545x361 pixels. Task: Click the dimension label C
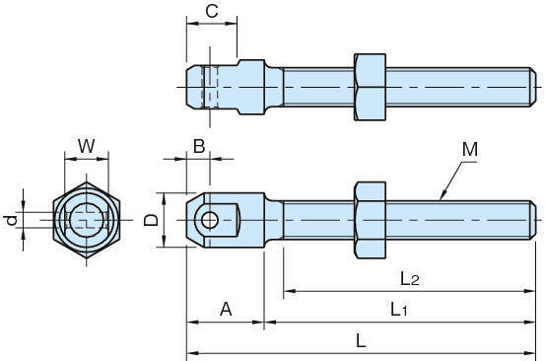[x=212, y=11]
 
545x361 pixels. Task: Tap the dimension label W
[x=86, y=146]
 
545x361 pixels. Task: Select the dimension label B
[x=199, y=146]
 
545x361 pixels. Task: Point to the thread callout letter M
[x=470, y=150]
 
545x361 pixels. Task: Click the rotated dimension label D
[x=151, y=220]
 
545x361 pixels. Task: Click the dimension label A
[x=226, y=309]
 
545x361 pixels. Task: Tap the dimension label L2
[x=410, y=278]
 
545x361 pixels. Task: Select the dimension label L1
[x=398, y=309]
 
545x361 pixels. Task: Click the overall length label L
[x=361, y=340]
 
